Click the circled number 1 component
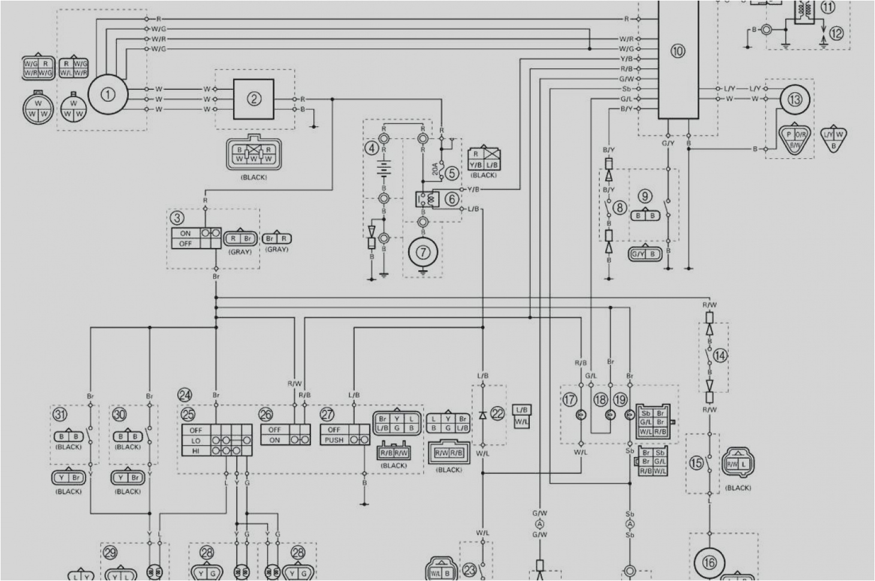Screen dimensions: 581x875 [x=108, y=95]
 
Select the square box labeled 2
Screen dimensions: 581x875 [x=254, y=99]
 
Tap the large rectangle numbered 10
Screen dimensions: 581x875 [x=678, y=52]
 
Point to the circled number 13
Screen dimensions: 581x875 [x=795, y=99]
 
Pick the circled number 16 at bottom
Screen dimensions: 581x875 [x=710, y=562]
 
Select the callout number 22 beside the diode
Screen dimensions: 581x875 [x=498, y=414]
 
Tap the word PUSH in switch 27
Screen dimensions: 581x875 [x=334, y=440]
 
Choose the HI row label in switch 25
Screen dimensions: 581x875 [x=195, y=451]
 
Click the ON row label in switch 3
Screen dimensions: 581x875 [x=185, y=234]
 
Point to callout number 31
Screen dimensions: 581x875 [x=60, y=414]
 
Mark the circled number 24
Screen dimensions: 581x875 [x=185, y=395]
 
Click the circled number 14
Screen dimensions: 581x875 [x=720, y=356]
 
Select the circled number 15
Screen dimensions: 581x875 [x=696, y=463]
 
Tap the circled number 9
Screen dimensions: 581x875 [x=645, y=196]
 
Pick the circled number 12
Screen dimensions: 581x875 [x=836, y=33]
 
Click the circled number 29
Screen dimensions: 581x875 [x=110, y=553]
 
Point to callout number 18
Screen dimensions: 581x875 [x=601, y=400]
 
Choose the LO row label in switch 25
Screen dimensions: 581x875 [x=195, y=441]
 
